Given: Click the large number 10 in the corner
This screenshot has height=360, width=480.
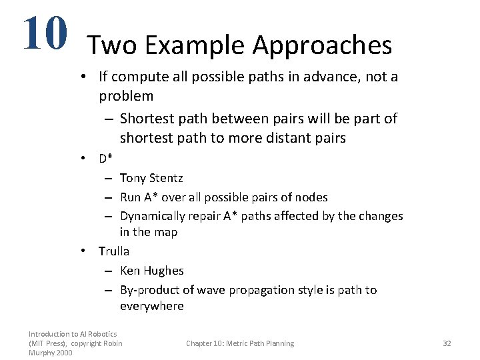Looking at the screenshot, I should click(45, 33).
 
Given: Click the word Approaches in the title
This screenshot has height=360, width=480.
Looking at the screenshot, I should click(322, 45).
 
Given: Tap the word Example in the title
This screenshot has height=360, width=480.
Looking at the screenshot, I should click(195, 45).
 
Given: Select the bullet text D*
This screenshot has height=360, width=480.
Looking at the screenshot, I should click(106, 159).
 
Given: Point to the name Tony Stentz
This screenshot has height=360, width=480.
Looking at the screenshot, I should click(151, 178).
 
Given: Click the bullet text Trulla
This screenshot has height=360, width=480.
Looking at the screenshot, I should click(114, 251).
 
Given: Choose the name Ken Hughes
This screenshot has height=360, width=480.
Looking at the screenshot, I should click(151, 271).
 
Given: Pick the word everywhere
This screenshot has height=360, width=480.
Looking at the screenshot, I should click(151, 306).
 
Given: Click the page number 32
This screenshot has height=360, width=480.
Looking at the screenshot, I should click(447, 343).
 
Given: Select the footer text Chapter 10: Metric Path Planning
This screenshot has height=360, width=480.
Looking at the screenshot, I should click(239, 343).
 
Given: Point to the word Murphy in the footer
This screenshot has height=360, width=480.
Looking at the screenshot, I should click(41, 353).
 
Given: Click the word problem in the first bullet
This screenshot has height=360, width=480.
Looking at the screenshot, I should click(126, 96).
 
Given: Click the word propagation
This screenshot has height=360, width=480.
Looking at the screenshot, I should click(261, 290).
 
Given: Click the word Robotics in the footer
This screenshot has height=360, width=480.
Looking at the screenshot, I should click(103, 334).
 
